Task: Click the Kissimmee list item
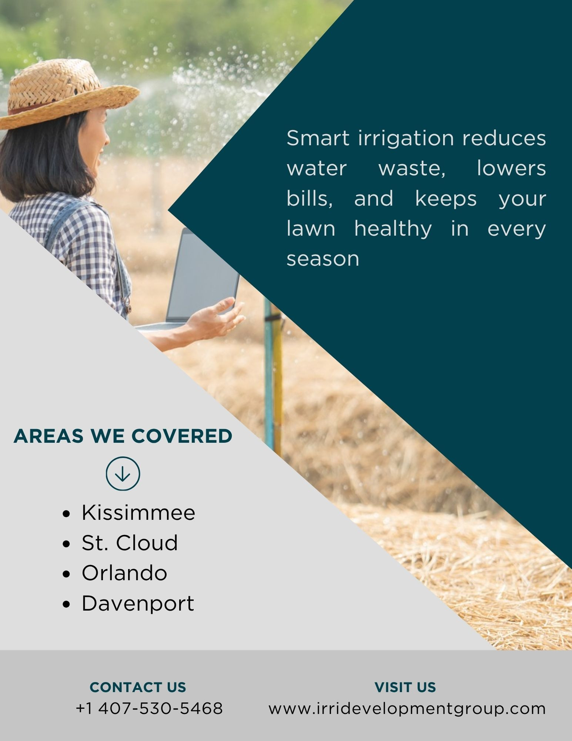(x=138, y=513)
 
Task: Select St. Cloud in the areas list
(x=130, y=543)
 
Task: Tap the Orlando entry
(x=124, y=573)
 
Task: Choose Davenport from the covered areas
(x=138, y=604)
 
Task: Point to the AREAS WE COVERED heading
(x=123, y=436)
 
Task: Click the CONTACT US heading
(x=138, y=687)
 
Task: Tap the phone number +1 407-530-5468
(x=149, y=708)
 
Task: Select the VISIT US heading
(x=405, y=687)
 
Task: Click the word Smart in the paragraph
(x=318, y=138)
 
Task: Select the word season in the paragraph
(x=323, y=259)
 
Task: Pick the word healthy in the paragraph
(x=393, y=229)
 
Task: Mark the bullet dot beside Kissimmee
(x=67, y=514)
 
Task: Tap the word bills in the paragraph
(x=310, y=199)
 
